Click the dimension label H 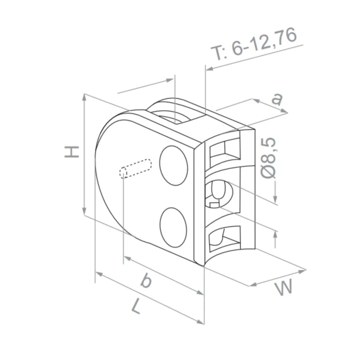[72, 152]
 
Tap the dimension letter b [145, 281]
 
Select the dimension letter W [284, 288]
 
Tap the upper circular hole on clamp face [174, 165]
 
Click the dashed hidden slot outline [135, 168]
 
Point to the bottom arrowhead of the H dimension [84, 211]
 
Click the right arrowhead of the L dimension [201, 321]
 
